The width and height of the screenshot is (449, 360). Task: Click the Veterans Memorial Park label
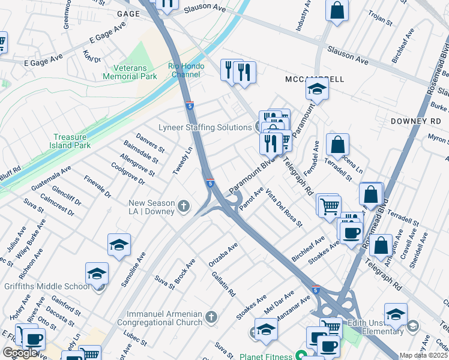[130, 71]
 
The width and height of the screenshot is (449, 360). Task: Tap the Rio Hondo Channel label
[186, 70]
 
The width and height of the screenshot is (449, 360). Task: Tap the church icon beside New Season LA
[184, 208]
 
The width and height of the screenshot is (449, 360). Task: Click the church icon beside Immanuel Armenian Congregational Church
[210, 316]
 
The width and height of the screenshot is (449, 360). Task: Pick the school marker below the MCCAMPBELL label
[316, 91]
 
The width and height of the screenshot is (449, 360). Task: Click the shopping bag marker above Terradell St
[338, 145]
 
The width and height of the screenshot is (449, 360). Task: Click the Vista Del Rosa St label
[284, 208]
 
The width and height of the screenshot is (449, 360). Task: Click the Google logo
[20, 353]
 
